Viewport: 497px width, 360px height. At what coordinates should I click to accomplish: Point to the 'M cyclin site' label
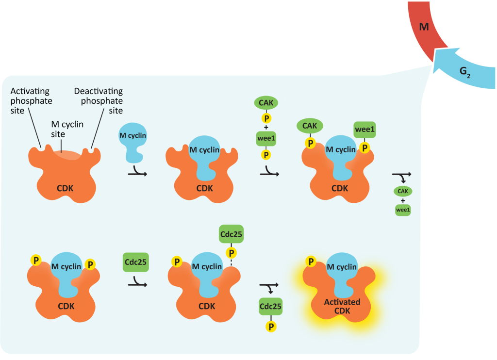[67, 129]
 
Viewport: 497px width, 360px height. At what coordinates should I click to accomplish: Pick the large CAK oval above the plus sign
[265, 103]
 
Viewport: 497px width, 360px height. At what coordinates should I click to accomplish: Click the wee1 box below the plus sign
[265, 138]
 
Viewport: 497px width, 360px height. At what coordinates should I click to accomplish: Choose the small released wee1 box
[402, 210]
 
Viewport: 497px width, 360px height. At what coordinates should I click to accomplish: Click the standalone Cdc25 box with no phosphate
[135, 263]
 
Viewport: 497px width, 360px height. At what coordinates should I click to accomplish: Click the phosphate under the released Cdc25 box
[271, 326]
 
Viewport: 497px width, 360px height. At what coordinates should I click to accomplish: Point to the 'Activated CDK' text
[342, 306]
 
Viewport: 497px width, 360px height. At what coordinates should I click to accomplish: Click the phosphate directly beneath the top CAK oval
[265, 119]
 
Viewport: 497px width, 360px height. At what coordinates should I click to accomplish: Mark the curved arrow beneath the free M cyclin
[134, 172]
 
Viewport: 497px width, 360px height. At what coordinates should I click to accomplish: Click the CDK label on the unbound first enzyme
[65, 188]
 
